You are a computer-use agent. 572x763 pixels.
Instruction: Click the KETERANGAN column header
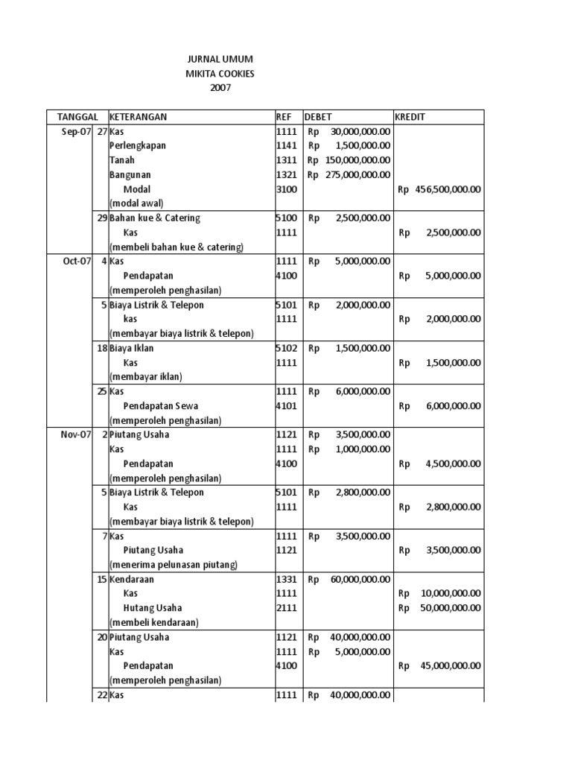[138, 117]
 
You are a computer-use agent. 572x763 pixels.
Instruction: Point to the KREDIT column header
[410, 117]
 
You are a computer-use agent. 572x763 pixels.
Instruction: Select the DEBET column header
[318, 117]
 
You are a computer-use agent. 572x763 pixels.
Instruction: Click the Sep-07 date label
[76, 131]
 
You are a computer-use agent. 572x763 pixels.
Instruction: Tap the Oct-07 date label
[76, 261]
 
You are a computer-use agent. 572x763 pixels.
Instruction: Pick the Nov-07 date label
[75, 434]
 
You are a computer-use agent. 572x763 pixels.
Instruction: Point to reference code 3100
[287, 189]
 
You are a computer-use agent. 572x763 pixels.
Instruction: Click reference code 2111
[287, 608]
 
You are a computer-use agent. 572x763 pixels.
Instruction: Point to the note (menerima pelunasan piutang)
[174, 565]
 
